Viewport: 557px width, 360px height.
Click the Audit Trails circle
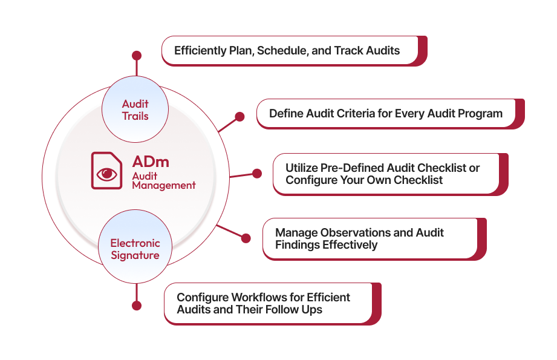tap(135, 110)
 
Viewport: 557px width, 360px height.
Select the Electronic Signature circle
tap(135, 249)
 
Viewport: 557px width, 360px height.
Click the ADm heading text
tap(151, 162)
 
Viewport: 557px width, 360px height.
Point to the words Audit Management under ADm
tap(163, 180)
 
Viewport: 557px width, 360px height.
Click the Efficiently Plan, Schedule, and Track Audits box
tap(290, 50)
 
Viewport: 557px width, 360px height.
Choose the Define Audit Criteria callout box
tap(386, 113)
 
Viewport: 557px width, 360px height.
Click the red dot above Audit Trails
tap(137, 56)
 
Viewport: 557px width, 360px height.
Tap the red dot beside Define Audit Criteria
tap(239, 117)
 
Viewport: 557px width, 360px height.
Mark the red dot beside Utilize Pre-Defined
tap(257, 174)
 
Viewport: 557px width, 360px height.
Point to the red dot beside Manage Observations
tap(246, 238)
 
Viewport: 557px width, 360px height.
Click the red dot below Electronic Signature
tap(137, 306)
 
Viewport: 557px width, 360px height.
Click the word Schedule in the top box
tap(282, 50)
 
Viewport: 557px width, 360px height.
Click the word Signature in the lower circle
tap(135, 255)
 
